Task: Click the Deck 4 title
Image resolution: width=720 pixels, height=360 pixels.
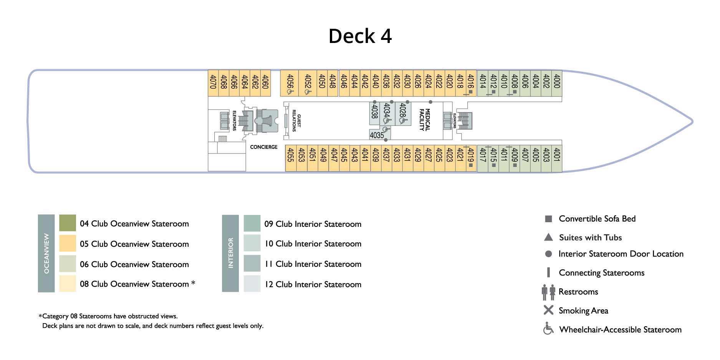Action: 360,36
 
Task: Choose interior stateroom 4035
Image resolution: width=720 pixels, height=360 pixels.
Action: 377,135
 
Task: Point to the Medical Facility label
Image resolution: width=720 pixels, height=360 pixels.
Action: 424,120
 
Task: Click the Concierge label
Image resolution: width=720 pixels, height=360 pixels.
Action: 264,147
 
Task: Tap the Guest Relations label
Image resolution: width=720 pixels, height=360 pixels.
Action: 296,121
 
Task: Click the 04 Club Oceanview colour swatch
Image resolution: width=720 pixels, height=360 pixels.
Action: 68,223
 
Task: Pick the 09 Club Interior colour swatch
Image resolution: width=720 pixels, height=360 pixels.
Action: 252,223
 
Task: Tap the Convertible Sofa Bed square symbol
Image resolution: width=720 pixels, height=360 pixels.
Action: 548,219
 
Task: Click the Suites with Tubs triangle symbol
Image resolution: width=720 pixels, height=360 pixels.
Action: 548,237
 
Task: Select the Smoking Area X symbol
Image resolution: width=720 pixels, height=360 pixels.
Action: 548,310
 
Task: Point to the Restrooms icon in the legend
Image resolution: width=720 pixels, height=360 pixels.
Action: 548,292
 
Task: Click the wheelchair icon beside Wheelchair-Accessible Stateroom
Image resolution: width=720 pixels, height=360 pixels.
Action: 548,329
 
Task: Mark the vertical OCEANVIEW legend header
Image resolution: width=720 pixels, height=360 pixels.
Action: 46,253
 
